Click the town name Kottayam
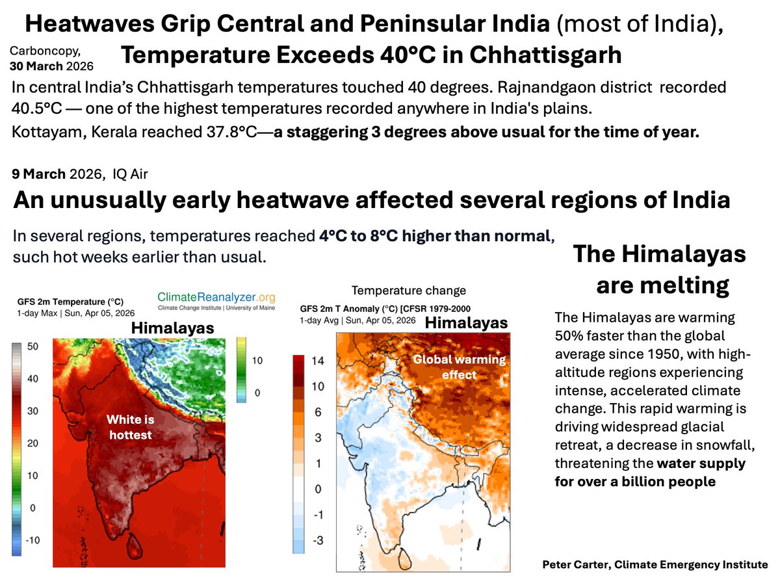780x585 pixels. click(x=46, y=132)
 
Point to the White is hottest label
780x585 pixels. click(x=129, y=428)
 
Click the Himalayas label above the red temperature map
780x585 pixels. click(x=173, y=329)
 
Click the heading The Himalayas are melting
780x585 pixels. click(x=660, y=270)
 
